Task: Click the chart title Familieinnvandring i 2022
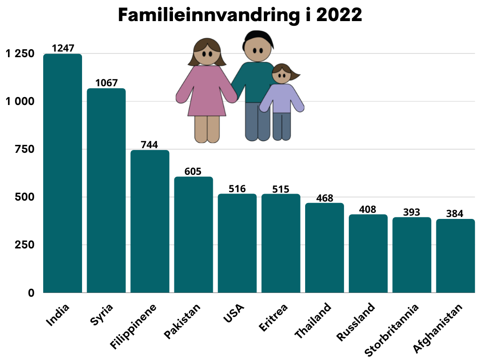240,15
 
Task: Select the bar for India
63,173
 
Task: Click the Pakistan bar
194,234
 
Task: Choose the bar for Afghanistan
455,255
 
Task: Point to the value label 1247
63,48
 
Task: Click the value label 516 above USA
237,188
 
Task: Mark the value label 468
324,198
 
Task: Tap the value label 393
412,212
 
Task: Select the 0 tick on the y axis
31,293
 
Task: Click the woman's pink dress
206,91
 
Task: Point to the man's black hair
258,36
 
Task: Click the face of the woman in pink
207,54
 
